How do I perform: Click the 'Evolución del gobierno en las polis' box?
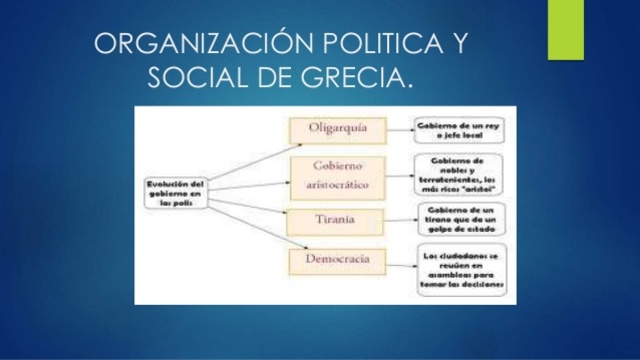point(175,192)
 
